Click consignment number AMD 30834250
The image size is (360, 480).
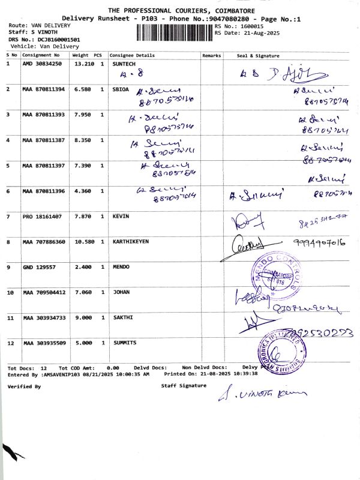42,63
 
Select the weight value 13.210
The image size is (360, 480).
83,63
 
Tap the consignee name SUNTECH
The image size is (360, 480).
125,63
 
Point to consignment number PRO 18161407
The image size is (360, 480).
42,216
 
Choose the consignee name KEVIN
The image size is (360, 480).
121,216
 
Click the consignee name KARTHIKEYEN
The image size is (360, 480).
131,242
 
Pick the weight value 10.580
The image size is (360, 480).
83,242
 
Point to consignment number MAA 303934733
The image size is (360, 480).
44,317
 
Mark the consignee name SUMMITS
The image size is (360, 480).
125,343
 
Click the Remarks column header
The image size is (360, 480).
212,55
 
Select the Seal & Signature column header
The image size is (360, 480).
258,55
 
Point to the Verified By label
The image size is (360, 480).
24,387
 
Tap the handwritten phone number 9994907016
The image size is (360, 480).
319,242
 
